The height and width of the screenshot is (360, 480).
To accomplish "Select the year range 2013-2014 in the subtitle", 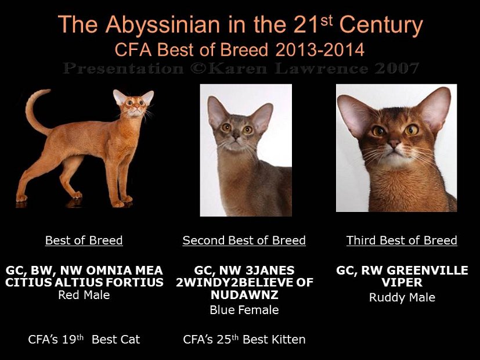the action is (320, 49).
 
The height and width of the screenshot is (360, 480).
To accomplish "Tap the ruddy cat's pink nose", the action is (394, 143).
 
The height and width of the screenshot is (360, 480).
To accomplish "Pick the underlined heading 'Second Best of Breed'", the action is (244, 240).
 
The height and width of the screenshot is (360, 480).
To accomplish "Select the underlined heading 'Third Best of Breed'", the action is (402, 240).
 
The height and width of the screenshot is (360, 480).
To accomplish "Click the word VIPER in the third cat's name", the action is (402, 282).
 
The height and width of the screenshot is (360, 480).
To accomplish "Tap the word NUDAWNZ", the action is (244, 294).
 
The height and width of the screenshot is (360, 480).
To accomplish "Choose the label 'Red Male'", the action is (84, 295).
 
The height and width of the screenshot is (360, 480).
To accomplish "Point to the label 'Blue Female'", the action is (244, 310).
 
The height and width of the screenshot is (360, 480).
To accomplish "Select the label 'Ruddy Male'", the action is (402, 297).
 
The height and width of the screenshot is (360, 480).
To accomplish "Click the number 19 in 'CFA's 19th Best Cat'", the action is (68, 340).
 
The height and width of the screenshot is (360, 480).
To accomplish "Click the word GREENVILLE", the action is (427, 271).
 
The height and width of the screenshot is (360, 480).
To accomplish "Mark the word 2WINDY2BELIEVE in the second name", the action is (235, 282).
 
